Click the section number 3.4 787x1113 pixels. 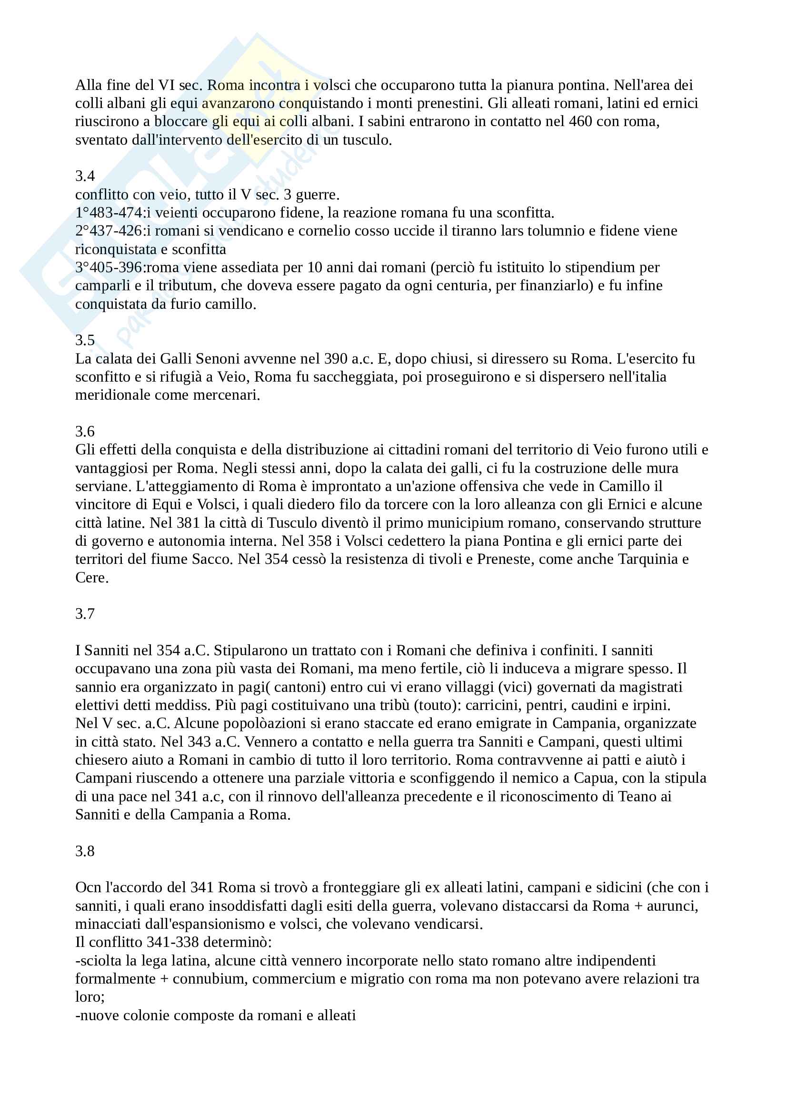coord(85,176)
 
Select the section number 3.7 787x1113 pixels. coord(85,614)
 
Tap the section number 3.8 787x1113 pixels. coord(85,851)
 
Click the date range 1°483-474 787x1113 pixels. coord(109,213)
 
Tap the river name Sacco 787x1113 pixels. coord(212,560)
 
